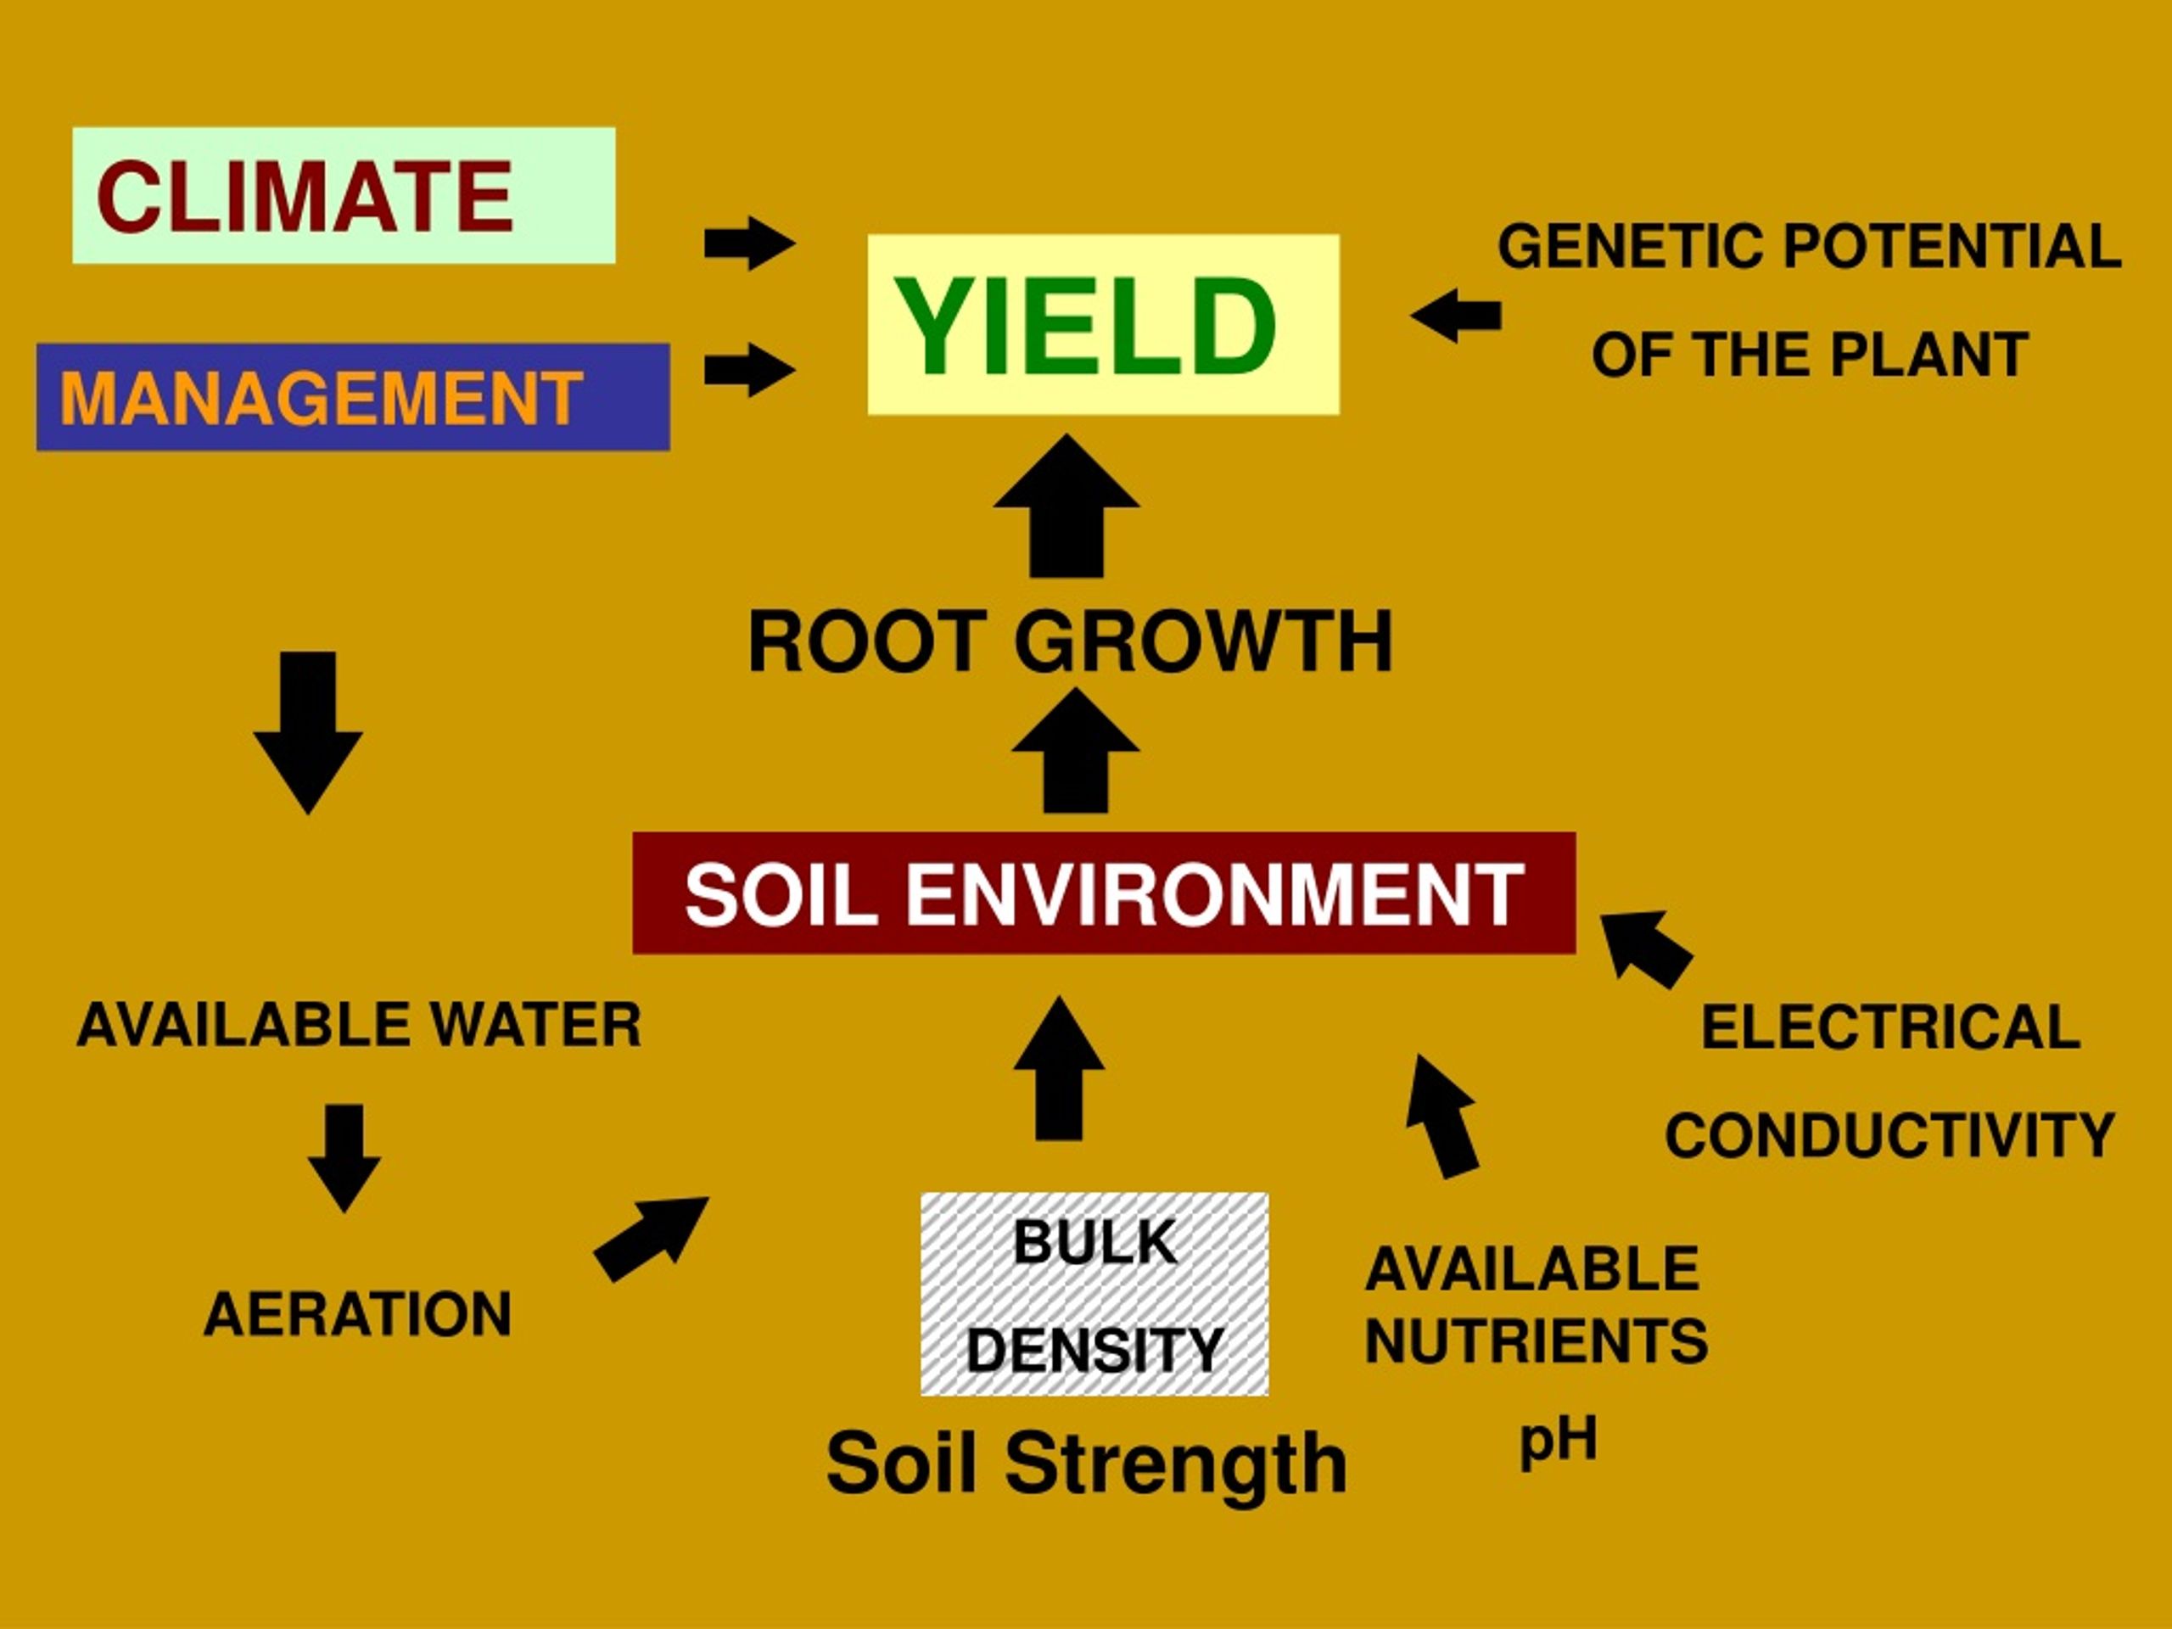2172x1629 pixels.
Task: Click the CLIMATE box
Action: coord(344,194)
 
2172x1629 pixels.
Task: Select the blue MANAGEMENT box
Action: coord(354,397)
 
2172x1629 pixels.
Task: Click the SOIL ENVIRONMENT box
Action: coord(1104,893)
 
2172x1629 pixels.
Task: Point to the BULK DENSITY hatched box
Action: coord(1094,1293)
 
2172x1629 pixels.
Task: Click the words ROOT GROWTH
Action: coord(1070,641)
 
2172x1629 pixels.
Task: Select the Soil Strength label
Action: coord(1086,1463)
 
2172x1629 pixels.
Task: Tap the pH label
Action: coord(1559,1441)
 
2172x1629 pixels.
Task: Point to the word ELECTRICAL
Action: coord(1890,1027)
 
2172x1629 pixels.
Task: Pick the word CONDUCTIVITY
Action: coord(1889,1135)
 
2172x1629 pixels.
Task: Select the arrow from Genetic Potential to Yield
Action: coord(1455,316)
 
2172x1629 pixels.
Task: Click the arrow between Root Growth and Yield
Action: coord(1066,506)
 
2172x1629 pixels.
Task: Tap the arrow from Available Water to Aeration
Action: coord(344,1159)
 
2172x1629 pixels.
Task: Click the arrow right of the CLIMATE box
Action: coord(750,243)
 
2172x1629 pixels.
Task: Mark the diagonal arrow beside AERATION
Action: coord(651,1240)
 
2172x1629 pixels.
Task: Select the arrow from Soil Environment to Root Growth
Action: coord(1075,750)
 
